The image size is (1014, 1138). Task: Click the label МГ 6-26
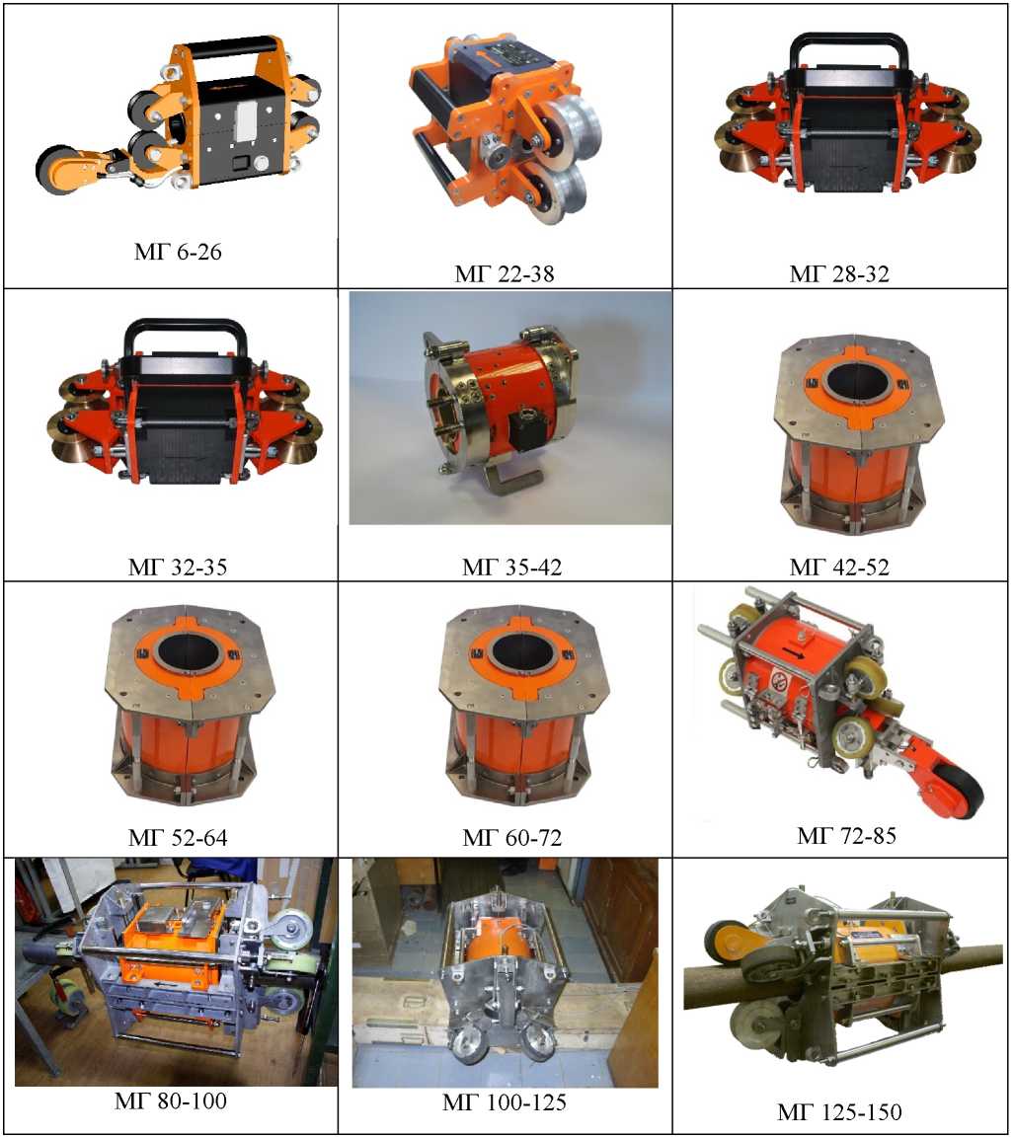(x=178, y=252)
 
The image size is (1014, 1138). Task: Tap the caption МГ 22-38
(x=505, y=273)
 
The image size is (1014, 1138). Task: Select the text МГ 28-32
(x=839, y=273)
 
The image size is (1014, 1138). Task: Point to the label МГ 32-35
(x=178, y=567)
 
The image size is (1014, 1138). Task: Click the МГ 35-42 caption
(x=512, y=567)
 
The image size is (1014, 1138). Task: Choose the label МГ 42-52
(x=839, y=567)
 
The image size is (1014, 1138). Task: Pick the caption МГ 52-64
(x=178, y=838)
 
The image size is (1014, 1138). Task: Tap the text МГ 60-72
(x=512, y=838)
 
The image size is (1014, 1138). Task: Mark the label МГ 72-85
(x=846, y=835)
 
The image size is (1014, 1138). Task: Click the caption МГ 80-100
(x=171, y=1100)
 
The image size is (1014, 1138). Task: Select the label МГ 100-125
(x=505, y=1102)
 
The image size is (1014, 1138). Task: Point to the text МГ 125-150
(x=839, y=1112)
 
